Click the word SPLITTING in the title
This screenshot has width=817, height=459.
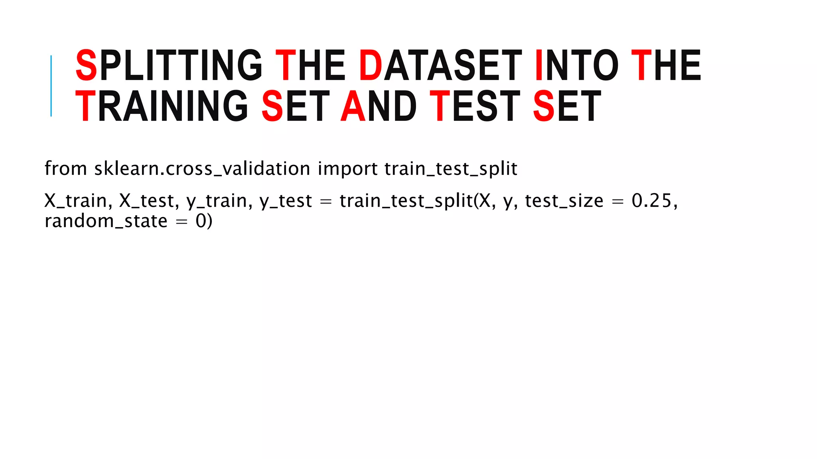point(169,65)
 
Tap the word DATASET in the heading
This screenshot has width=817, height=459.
point(440,65)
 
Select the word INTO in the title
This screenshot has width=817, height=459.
point(576,65)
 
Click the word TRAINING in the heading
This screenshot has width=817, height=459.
point(162,106)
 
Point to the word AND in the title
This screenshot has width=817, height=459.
point(379,106)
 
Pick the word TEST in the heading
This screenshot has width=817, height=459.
point(475,106)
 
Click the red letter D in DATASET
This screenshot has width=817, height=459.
point(371,65)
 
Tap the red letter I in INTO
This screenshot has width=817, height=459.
point(539,65)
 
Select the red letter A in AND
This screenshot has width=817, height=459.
point(353,106)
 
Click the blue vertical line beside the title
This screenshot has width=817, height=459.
point(51,86)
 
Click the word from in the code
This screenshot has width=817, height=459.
point(65,168)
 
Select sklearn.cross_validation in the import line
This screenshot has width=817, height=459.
point(202,169)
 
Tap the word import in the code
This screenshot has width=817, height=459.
point(347,169)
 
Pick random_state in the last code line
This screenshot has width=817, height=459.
point(106,221)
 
